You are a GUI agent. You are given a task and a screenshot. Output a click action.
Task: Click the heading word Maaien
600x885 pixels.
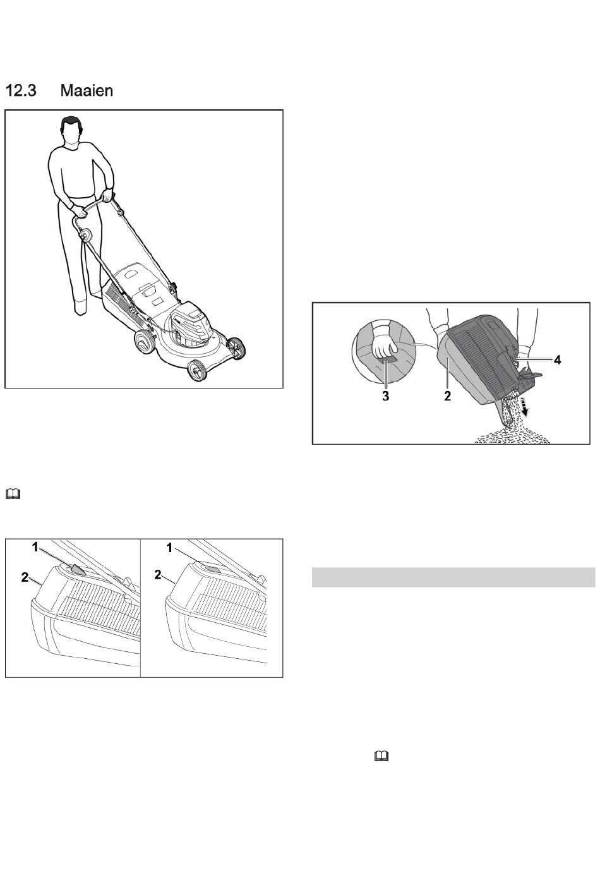87,90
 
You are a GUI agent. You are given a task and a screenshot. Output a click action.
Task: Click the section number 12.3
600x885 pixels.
21,90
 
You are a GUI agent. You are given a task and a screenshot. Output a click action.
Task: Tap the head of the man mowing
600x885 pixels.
71,131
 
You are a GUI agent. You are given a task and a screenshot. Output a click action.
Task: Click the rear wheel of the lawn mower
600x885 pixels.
145,341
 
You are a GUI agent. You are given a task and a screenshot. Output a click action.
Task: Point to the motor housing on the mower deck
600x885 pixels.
191,324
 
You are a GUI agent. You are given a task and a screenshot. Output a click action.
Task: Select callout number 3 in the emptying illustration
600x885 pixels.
385,396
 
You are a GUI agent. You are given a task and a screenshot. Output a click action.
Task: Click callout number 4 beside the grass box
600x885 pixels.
557,359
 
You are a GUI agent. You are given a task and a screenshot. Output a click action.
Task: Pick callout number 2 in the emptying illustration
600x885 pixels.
447,396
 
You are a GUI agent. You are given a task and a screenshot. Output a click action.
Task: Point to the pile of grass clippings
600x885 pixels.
512,435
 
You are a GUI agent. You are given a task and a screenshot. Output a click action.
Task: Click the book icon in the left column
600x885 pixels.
13,493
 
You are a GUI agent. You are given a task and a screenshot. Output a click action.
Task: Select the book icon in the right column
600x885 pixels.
381,756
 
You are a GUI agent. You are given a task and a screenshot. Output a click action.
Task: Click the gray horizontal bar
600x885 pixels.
453,577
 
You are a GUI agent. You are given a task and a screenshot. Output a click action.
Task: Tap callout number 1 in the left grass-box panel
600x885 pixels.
35,547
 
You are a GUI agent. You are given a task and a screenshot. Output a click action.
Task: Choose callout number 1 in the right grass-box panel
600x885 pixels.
169,548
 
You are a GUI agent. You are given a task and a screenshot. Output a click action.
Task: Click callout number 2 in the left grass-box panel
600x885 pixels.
25,577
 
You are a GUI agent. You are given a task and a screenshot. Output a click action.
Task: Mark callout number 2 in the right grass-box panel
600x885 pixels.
158,575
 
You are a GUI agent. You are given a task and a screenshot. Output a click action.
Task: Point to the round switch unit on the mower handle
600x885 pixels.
85,235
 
